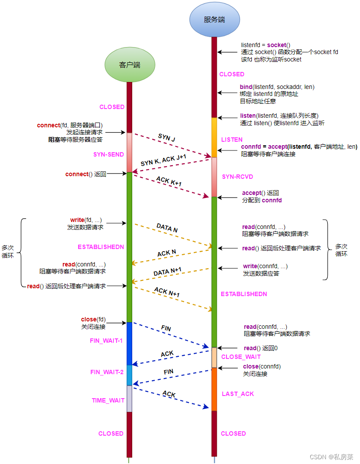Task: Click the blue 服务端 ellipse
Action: [x=215, y=19]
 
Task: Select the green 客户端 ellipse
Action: [x=130, y=65]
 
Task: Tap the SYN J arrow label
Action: [x=167, y=138]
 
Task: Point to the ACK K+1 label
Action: [x=168, y=181]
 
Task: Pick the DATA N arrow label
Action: [x=167, y=227]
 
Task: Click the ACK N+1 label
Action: [x=167, y=293]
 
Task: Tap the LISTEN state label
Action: [x=232, y=140]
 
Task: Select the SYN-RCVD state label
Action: [x=237, y=177]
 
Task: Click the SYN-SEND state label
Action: [x=109, y=154]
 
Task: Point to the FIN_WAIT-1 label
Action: [x=106, y=341]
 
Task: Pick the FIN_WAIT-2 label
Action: [x=107, y=372]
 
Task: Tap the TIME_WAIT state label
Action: [x=108, y=400]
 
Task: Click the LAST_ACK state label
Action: [x=238, y=394]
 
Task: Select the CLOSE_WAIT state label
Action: [x=241, y=357]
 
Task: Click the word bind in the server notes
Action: [x=246, y=87]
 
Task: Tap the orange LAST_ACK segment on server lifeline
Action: [x=214, y=389]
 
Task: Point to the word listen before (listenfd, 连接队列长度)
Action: [x=248, y=116]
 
